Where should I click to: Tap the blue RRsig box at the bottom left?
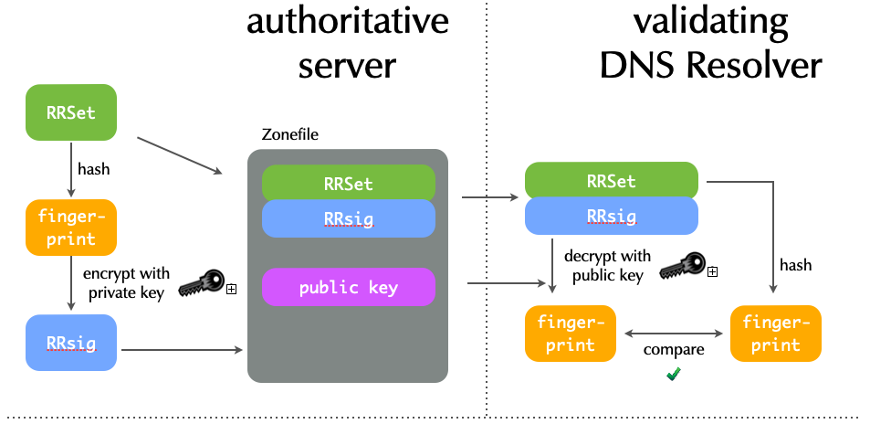click(x=71, y=343)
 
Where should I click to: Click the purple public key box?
click(x=349, y=287)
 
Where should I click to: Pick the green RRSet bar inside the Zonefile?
click(x=349, y=183)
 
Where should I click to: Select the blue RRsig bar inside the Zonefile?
click(x=349, y=218)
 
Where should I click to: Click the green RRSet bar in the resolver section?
click(x=611, y=180)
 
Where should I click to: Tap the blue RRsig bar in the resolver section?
click(x=611, y=217)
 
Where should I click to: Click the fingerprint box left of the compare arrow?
click(x=571, y=334)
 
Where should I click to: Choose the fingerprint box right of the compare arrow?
click(x=776, y=334)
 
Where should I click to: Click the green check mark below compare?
click(x=674, y=373)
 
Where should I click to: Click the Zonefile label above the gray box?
click(x=284, y=135)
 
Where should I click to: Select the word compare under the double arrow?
click(x=674, y=350)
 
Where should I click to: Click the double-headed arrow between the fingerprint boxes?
click(x=674, y=333)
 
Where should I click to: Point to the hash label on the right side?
click(x=795, y=265)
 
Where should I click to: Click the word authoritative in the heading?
click(x=348, y=22)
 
